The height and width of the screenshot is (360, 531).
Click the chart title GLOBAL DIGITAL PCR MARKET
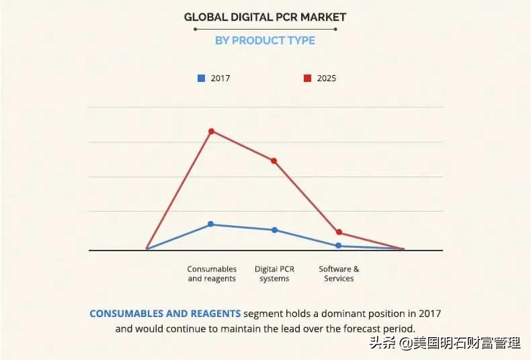265,16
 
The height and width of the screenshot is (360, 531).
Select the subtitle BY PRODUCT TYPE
265,40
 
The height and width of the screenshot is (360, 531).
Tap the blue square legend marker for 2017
201,78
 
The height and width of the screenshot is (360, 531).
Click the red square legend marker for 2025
307,78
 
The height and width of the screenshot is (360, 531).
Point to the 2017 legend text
220,78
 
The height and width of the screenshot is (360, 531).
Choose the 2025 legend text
327,78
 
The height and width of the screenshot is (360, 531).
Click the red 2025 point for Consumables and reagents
211,131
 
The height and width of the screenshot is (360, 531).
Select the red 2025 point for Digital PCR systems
274,161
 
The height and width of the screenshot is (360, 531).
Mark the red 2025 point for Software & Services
339,232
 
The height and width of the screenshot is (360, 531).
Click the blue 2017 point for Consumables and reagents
211,224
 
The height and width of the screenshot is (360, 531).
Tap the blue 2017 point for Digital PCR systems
274,230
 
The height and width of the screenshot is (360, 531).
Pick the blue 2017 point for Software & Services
338,246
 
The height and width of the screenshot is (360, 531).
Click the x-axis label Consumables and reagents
212,273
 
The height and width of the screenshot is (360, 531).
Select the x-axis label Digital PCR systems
274,273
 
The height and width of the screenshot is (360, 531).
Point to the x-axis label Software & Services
339,273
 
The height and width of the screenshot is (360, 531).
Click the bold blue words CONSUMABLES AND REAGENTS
165,314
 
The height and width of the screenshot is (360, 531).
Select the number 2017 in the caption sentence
428,314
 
